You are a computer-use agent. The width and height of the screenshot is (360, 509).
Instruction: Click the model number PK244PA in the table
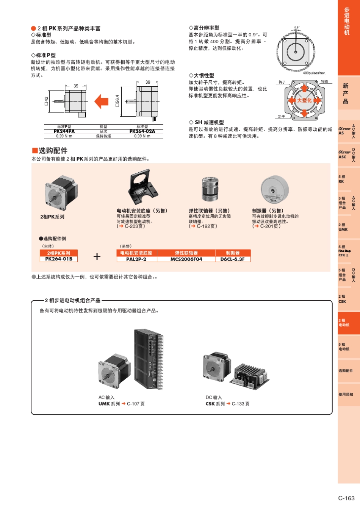(64, 131)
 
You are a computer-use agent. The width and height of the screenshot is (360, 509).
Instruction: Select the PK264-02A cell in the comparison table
(142, 131)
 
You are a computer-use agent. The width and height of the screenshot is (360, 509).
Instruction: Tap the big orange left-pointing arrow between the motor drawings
(101, 101)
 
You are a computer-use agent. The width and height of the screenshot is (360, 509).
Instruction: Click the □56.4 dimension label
(117, 101)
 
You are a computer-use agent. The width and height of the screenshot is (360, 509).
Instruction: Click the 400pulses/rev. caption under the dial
(314, 73)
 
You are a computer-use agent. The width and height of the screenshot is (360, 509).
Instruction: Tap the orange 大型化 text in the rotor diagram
(304, 100)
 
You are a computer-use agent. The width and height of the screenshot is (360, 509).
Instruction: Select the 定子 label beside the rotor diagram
(282, 117)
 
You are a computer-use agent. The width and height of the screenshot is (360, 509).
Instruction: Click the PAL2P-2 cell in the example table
(136, 259)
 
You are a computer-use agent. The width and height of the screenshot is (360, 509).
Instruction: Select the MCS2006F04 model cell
(186, 259)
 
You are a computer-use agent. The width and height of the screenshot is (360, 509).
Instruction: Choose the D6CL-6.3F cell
(232, 259)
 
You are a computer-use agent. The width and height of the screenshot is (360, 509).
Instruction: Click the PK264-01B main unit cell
(58, 259)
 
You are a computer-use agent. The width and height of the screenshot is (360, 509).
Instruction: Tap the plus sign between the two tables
(97, 257)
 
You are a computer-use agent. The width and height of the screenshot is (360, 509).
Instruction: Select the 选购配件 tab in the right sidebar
(346, 371)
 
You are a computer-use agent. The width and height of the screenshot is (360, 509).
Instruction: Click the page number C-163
(346, 498)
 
